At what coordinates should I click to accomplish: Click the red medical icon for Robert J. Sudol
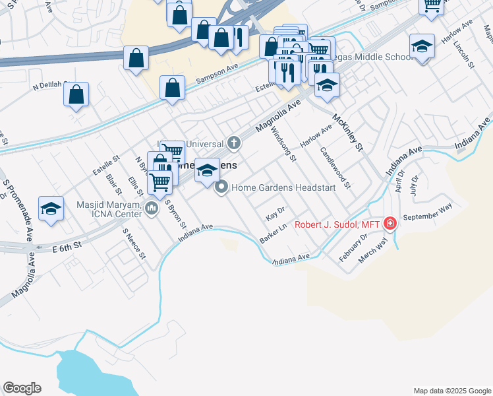pos(390,224)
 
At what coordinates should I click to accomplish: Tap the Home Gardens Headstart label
pos(284,187)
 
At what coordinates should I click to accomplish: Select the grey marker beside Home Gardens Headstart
pos(222,187)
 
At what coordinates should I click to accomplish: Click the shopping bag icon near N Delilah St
pos(76,94)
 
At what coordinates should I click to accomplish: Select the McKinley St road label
pos(348,132)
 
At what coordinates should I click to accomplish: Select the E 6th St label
pos(67,244)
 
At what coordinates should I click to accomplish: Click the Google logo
pos(22,388)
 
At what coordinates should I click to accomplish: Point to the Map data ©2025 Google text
pos(451,391)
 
